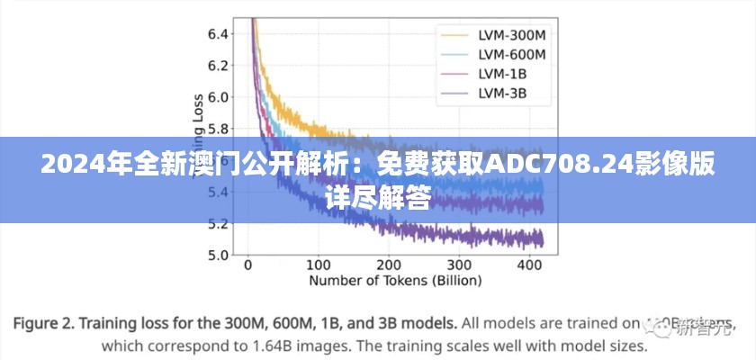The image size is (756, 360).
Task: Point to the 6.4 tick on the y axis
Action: [x=218, y=34]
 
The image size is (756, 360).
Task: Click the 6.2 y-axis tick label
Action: [x=218, y=66]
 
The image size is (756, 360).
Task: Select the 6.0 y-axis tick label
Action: [x=218, y=97]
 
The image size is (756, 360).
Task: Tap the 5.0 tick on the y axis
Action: [x=218, y=255]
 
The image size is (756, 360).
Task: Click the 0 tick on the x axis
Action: [x=248, y=266]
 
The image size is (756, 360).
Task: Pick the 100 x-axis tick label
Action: [x=318, y=266]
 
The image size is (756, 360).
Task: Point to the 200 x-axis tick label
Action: [x=388, y=266]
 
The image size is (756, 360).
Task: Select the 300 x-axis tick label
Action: [x=459, y=266]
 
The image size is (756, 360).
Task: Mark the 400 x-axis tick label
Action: [x=529, y=266]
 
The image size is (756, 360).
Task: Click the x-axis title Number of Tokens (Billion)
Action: [x=395, y=281]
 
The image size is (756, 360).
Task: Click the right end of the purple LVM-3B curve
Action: [x=542, y=238]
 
